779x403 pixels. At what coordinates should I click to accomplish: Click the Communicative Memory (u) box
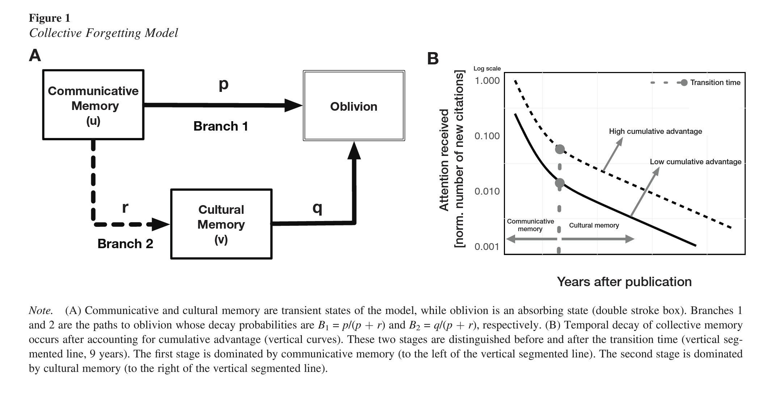point(93,105)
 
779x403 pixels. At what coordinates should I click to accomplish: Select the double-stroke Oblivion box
point(354,106)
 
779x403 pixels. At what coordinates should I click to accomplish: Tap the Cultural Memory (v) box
point(221,224)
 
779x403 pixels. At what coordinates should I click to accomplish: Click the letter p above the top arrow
point(224,84)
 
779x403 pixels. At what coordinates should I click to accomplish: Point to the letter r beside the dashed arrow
point(125,207)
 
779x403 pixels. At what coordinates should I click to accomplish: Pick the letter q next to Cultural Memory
point(317,208)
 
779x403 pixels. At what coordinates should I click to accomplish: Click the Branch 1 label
point(220,126)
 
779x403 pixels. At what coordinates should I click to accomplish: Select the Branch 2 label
point(125,244)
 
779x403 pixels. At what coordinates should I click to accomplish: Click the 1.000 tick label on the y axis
point(487,81)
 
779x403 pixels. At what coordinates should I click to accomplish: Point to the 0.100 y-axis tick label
point(487,136)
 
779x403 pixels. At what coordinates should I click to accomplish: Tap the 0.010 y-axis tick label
point(487,191)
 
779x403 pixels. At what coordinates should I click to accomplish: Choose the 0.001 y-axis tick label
point(487,247)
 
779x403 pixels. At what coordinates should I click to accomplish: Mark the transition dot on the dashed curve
point(560,149)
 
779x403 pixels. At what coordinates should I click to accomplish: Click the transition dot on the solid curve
point(560,183)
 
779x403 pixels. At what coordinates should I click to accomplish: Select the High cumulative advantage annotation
point(655,131)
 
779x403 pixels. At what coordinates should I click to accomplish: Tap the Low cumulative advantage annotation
point(695,162)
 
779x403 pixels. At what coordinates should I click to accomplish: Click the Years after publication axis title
point(624,282)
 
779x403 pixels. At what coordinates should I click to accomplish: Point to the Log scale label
point(487,68)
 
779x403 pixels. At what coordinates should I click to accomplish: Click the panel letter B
point(433,59)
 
